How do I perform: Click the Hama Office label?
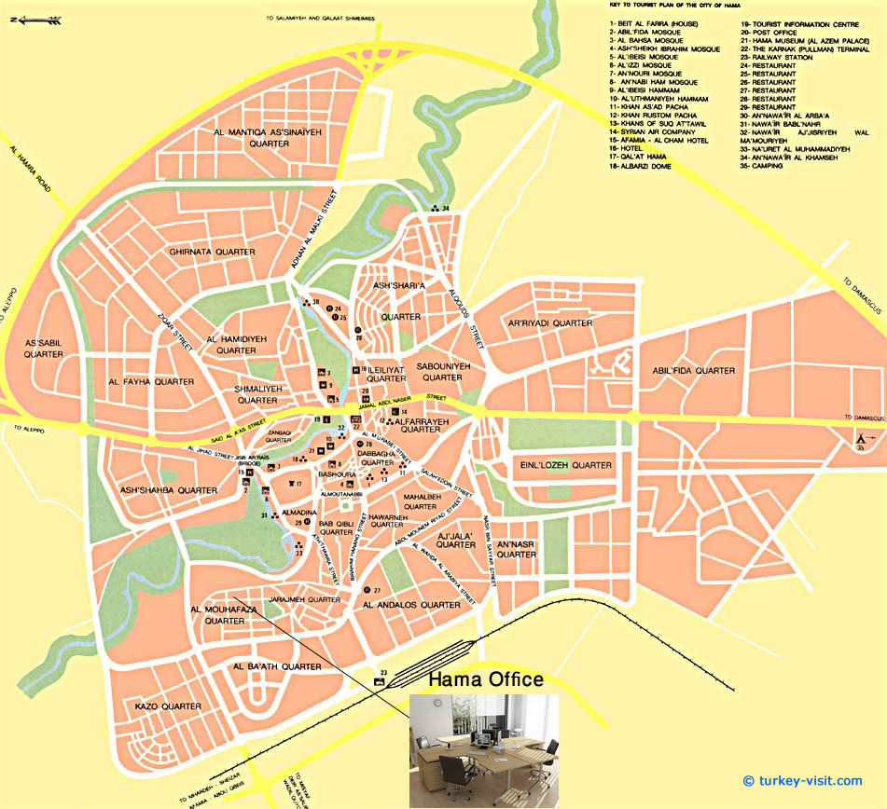[485, 679]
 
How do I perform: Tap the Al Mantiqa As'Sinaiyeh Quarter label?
[268, 139]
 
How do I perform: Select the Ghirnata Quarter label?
[212, 252]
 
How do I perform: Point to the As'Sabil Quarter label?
[44, 349]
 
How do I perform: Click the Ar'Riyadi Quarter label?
[549, 323]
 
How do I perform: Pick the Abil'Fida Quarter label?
[693, 371]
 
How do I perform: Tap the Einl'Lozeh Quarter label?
[565, 465]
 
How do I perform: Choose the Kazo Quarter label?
[168, 706]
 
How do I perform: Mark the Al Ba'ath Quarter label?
[277, 666]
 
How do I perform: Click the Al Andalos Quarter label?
[411, 605]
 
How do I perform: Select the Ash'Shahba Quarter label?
[169, 490]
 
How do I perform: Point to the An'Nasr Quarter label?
[517, 549]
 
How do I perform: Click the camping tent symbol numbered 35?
[860, 439]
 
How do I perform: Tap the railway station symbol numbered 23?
[378, 681]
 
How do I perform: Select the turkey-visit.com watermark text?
[802, 780]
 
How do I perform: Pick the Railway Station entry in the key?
[775, 57]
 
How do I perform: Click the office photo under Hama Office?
[483, 749]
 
